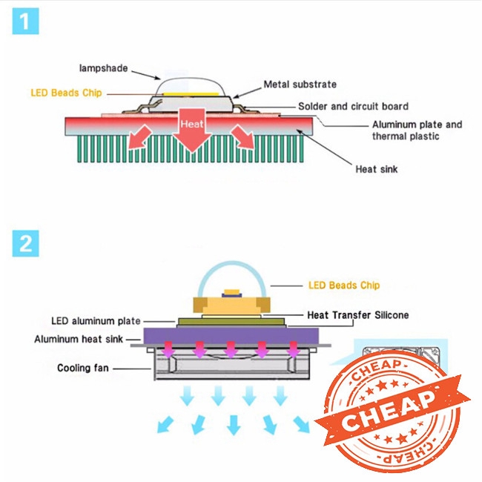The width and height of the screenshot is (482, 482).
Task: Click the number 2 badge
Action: click(25, 244)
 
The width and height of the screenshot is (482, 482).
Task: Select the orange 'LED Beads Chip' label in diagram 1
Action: click(66, 93)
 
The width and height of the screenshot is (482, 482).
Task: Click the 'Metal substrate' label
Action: click(300, 84)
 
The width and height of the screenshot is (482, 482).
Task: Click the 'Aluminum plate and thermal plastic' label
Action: click(417, 130)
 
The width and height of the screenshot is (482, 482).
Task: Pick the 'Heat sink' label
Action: click(377, 169)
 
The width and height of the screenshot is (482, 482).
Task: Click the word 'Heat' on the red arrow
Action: click(192, 125)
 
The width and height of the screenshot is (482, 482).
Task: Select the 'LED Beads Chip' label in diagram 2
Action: click(343, 285)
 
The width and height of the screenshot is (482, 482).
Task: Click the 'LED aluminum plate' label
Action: click(95, 321)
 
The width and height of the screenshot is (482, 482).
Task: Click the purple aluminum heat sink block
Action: click(230, 335)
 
